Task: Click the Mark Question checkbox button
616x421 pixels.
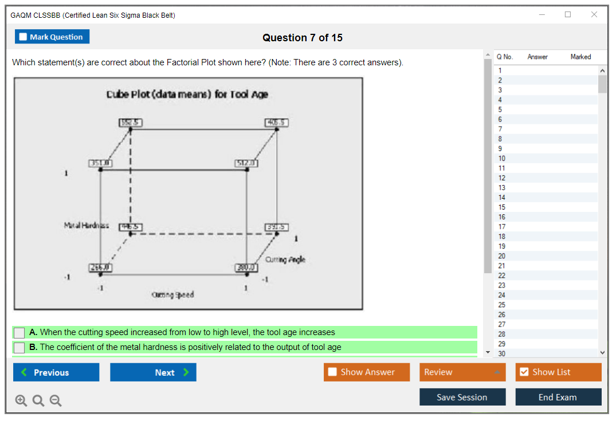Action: point(52,37)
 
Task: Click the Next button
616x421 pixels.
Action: point(153,372)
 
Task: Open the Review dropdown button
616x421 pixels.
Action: point(462,372)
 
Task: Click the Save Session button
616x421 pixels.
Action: point(462,397)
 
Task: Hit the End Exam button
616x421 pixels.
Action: point(558,397)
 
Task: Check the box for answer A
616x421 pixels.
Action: point(19,332)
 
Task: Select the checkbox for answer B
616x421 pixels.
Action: point(19,347)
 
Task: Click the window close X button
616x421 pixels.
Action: point(594,15)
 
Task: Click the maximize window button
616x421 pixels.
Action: point(568,15)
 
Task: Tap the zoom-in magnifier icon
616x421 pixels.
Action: point(21,401)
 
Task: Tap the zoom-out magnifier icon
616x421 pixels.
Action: point(56,401)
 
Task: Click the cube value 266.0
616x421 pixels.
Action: point(100,267)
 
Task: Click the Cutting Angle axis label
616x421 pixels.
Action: point(285,259)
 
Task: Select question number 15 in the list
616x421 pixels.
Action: point(502,207)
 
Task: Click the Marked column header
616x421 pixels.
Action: point(580,57)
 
